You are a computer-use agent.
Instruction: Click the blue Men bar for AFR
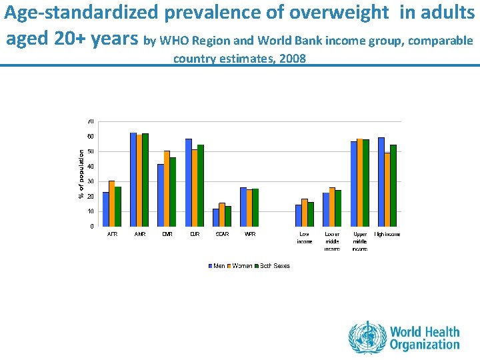point(105,209)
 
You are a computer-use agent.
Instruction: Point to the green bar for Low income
point(311,214)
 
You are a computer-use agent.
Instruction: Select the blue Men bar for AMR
point(133,179)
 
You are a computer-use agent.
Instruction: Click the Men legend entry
point(219,266)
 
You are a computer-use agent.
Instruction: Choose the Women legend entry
point(241,266)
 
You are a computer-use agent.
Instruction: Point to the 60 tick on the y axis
point(90,137)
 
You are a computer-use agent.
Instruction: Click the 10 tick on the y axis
point(90,211)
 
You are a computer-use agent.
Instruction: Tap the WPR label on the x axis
point(250,235)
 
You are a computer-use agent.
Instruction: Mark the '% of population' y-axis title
point(81,173)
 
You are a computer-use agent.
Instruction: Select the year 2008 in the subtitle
point(293,59)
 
